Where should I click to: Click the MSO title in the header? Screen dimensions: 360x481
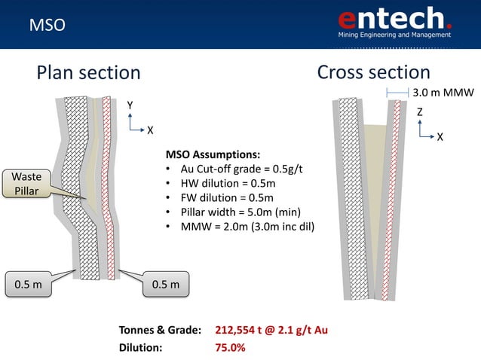[x=47, y=26]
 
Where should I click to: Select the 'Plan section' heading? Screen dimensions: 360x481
[x=89, y=72]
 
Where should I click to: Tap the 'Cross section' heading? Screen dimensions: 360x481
[x=373, y=72]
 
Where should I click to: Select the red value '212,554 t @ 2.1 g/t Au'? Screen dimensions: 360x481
[x=271, y=331]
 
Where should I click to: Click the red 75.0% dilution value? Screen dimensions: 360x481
[x=230, y=348]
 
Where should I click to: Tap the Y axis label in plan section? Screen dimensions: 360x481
[x=130, y=105]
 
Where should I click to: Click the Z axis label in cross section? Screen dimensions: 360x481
[x=420, y=111]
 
